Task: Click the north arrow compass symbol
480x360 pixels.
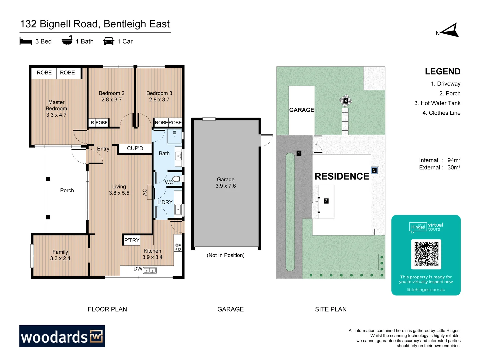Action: click(x=449, y=31)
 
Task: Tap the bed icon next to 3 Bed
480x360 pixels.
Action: click(x=26, y=41)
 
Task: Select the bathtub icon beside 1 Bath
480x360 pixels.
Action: click(x=67, y=41)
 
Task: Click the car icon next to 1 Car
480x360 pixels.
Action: click(x=109, y=41)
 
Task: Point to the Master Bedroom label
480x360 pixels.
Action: click(x=56, y=109)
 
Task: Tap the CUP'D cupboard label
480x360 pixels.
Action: click(x=135, y=148)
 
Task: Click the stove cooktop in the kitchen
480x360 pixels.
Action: click(x=178, y=247)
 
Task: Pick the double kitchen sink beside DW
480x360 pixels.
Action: click(x=150, y=271)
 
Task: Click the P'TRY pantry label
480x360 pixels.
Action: click(x=132, y=240)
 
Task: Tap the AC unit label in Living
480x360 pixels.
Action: click(x=145, y=192)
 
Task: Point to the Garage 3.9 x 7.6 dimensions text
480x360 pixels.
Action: click(x=226, y=183)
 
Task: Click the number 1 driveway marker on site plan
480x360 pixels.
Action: click(x=299, y=153)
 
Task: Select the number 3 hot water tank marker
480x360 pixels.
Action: click(x=374, y=170)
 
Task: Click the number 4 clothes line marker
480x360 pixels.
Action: click(x=346, y=101)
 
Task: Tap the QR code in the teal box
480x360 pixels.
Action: click(x=426, y=254)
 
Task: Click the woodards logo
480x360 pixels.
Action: click(x=62, y=336)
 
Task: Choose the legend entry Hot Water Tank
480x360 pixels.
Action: click(x=437, y=103)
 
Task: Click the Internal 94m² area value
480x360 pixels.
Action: click(x=454, y=160)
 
